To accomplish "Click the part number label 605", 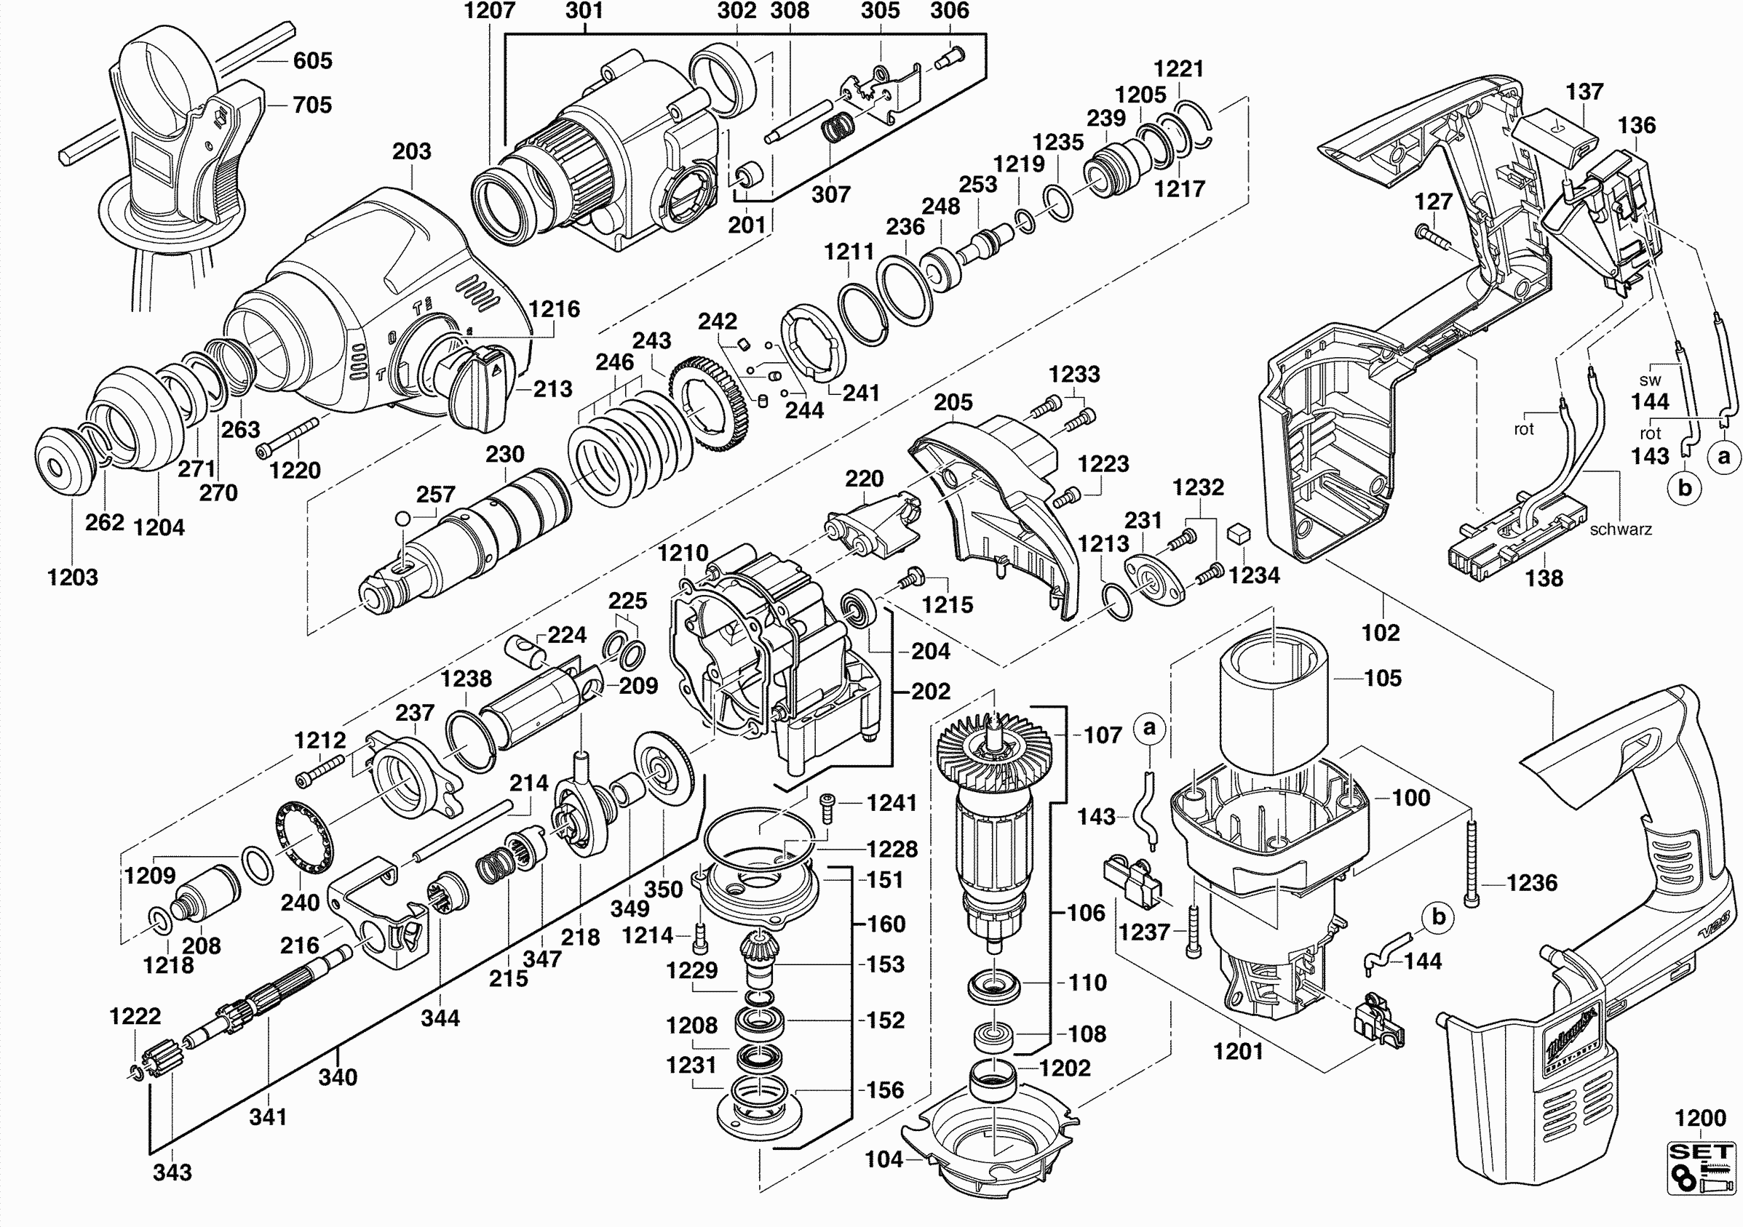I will pyautogui.click(x=312, y=60).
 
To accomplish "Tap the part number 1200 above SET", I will pyautogui.click(x=1700, y=1118).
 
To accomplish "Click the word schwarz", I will pyautogui.click(x=1621, y=529).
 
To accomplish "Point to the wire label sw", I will pyautogui.click(x=1650, y=380).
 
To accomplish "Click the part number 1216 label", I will pyautogui.click(x=554, y=309).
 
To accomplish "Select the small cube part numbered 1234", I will pyautogui.click(x=1238, y=533).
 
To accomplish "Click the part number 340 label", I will pyautogui.click(x=338, y=1076).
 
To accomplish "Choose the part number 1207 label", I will pyautogui.click(x=489, y=11).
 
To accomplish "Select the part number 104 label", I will pyautogui.click(x=884, y=1159).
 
